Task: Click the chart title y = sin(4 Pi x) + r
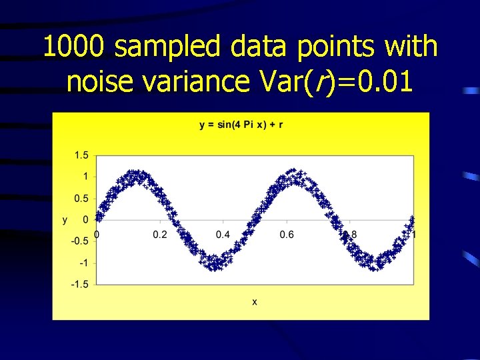point(241,125)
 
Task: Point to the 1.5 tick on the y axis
point(81,155)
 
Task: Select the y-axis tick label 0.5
point(81,198)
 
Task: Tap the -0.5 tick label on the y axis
point(80,241)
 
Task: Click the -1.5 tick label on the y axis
point(80,284)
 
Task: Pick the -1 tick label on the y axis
point(83,263)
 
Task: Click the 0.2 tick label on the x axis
point(160,235)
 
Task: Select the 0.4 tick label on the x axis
point(223,235)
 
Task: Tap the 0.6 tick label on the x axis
point(287,235)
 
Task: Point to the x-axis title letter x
point(255,302)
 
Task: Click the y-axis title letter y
point(65,219)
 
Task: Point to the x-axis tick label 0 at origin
point(97,235)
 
